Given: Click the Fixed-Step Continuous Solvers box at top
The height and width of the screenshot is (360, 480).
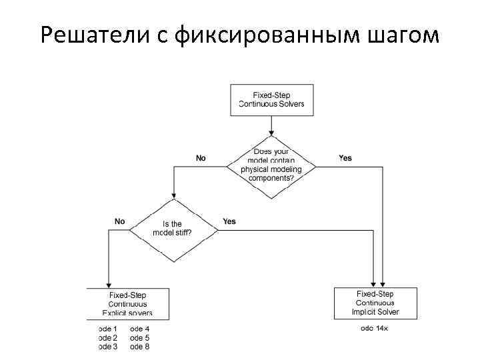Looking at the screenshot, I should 271,100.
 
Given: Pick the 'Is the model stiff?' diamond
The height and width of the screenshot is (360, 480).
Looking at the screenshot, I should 173,229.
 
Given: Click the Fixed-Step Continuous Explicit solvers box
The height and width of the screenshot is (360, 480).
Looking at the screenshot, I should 127,303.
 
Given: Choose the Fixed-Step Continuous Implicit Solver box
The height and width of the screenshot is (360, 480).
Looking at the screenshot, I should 375,303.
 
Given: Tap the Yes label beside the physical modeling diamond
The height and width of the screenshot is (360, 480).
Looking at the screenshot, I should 345,158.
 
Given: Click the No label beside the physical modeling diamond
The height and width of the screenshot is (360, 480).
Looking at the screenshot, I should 201,158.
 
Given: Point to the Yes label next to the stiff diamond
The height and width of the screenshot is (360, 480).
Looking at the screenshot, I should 229,221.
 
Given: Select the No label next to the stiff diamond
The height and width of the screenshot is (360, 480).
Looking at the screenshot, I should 120,221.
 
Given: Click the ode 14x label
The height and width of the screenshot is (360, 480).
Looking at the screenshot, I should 375,329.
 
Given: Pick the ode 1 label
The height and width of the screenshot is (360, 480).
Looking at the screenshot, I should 107,329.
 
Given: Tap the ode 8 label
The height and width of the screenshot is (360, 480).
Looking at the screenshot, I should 140,346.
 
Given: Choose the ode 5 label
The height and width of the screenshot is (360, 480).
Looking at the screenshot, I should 140,337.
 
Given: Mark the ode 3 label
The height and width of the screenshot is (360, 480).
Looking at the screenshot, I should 107,346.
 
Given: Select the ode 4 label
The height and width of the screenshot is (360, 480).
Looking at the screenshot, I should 140,329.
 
